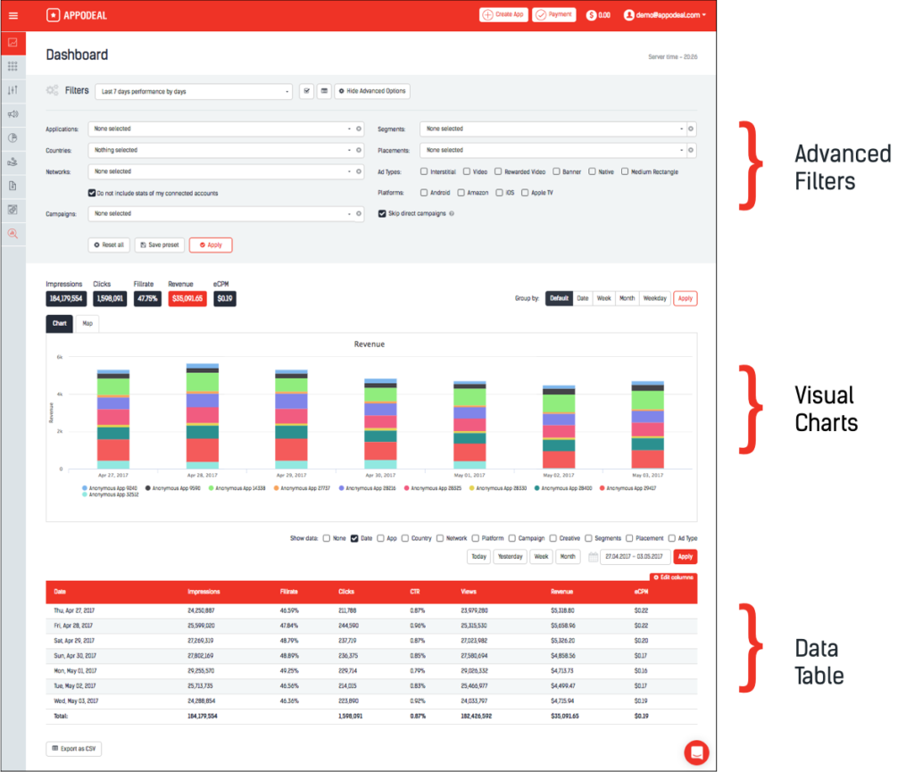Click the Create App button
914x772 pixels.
503,14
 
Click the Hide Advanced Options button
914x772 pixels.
372,91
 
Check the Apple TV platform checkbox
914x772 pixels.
525,192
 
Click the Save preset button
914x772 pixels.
158,245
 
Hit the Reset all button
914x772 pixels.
109,245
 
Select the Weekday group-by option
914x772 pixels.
654,298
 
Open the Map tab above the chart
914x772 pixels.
87,324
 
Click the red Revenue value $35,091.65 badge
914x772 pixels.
187,299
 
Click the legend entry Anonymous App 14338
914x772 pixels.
237,488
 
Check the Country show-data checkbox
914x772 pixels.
406,538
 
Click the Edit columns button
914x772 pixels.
673,578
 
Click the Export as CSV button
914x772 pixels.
74,748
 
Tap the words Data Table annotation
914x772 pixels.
818,661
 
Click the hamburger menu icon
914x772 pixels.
12,14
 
